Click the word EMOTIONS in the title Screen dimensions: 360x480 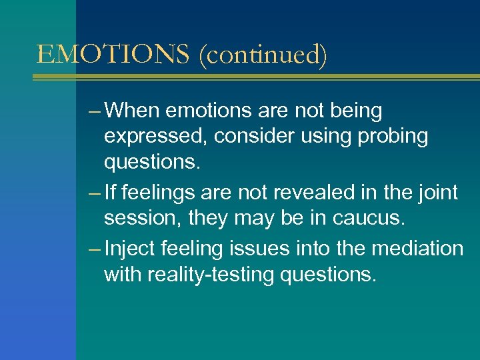[114, 54]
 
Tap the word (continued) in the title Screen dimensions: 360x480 [263, 55]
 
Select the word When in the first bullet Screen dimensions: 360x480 [137, 110]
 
